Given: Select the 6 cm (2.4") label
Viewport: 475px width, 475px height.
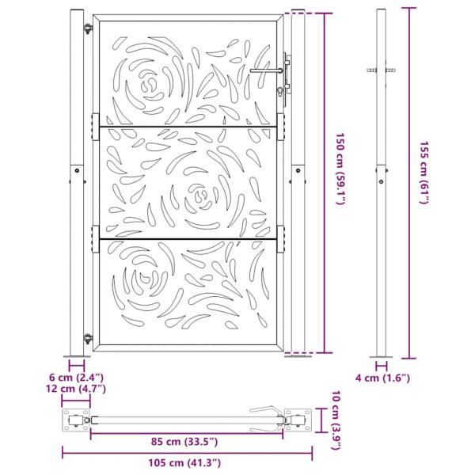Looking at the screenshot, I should [76, 378].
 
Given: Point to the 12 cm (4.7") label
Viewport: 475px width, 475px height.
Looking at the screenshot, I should [76, 389].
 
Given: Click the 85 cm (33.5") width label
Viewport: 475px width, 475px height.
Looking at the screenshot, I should [186, 441].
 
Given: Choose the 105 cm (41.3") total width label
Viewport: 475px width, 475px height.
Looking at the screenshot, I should [186, 462].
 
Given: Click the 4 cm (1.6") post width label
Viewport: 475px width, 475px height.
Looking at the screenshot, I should [382, 379].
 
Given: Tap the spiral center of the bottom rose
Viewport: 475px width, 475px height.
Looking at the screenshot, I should [142, 281].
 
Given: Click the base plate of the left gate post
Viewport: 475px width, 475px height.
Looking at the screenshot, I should [77, 355].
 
